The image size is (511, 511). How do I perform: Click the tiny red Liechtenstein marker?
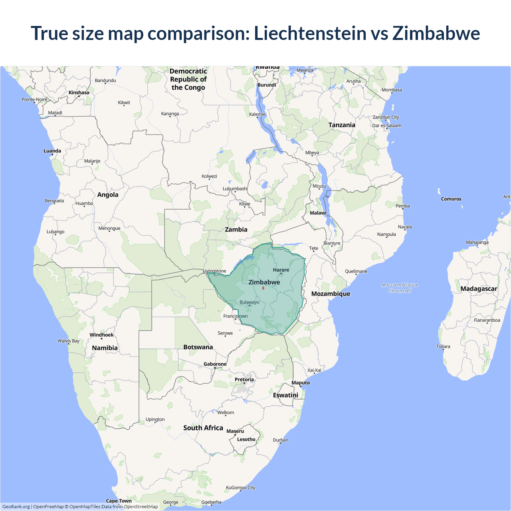coord(263,288)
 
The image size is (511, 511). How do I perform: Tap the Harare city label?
coord(281,270)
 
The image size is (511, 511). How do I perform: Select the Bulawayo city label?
coord(250,302)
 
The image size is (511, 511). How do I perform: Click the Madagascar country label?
coord(479,289)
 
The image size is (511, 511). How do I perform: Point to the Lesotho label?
coord(246,439)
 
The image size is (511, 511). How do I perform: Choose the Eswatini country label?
coord(285,395)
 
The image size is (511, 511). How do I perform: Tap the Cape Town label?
coord(119,501)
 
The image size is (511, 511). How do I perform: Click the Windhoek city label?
coord(101,335)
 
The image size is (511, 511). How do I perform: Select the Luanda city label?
coord(52,151)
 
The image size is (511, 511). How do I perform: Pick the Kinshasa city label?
coord(79,93)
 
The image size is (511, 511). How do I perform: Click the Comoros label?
coord(451,199)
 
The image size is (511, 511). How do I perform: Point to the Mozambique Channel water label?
coord(400,287)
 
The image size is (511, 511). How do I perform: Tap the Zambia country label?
coord(236,230)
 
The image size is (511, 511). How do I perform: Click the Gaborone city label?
coord(215,364)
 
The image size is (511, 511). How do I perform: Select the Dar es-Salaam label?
coord(387,125)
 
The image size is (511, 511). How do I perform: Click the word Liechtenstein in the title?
coord(310,33)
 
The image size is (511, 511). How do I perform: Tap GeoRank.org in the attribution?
coord(16,507)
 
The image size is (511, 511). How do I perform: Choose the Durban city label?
coord(281,440)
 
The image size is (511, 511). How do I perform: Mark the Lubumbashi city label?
coord(235,188)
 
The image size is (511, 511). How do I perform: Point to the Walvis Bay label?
coord(68,341)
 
